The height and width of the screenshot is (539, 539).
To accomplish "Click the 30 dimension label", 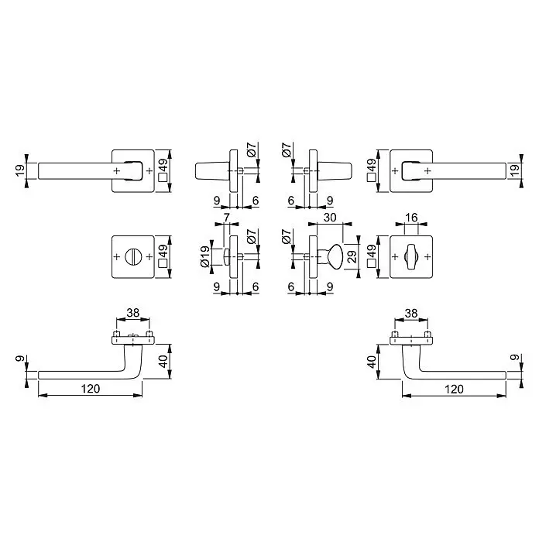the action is click(x=330, y=218).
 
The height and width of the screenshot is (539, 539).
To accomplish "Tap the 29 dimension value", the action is click(x=352, y=257).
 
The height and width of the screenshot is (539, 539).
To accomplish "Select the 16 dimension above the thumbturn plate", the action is click(x=411, y=218).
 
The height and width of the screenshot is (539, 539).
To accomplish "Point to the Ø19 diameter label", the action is click(x=204, y=256).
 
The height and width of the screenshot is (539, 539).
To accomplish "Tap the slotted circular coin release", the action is click(x=132, y=257).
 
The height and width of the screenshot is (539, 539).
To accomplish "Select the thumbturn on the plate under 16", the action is click(x=411, y=257).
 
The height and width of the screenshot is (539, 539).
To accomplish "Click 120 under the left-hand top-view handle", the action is click(x=91, y=389).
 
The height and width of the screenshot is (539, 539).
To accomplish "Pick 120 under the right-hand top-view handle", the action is click(x=454, y=389).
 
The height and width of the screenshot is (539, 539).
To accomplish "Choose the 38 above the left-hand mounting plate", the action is click(x=133, y=313).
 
